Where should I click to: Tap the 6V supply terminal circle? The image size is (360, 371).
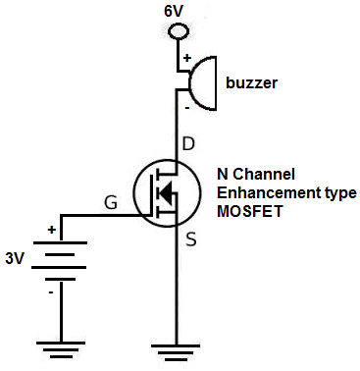pyautogui.click(x=179, y=31)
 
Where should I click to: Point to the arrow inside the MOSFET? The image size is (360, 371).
pyautogui.click(x=167, y=193)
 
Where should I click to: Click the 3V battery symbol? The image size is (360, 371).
pyautogui.click(x=60, y=260)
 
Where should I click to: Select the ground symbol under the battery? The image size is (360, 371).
pyautogui.click(x=60, y=346)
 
